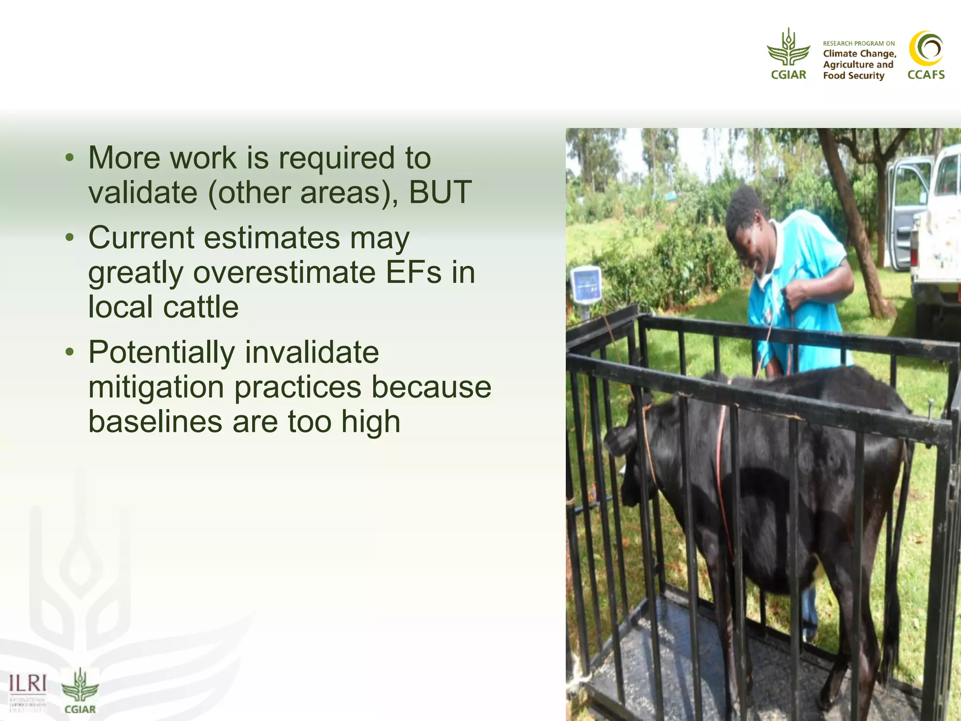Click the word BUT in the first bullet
click(440, 192)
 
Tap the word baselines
click(155, 422)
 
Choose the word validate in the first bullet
click(143, 192)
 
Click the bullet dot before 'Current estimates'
click(70, 237)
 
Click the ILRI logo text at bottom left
click(28, 683)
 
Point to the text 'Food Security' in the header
click(853, 76)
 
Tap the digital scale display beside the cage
click(586, 284)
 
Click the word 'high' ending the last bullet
click(371, 422)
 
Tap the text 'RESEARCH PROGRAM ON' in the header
click(858, 43)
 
